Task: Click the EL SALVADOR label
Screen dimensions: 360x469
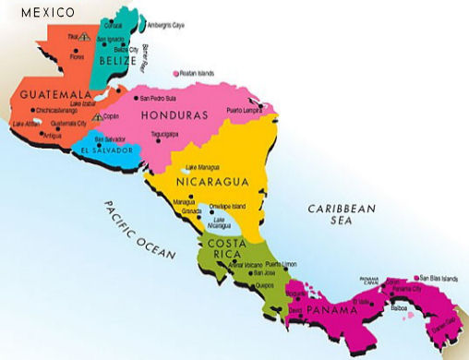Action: pos(108,150)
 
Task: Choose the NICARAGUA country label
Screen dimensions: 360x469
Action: pos(213,182)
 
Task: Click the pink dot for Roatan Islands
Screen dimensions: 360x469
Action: pos(175,73)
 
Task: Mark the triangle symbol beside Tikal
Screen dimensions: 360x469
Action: pos(84,38)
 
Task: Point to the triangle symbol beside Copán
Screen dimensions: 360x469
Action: pos(98,117)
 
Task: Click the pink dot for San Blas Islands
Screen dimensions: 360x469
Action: pos(416,276)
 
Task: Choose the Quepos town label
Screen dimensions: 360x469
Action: pos(262,286)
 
